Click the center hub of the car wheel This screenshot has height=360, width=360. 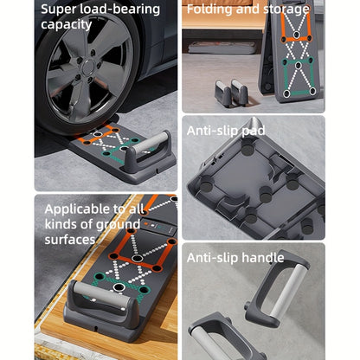tap(88, 68)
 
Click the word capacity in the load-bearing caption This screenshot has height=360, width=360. tap(66, 25)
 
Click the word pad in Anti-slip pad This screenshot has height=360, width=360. tap(254, 132)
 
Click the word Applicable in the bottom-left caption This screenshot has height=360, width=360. tap(77, 209)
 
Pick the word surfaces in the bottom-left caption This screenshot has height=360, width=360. tap(70, 240)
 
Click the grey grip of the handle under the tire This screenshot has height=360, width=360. tap(150, 142)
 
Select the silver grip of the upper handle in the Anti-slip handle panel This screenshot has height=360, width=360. tap(287, 292)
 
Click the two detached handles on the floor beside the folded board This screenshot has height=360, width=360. tap(231, 92)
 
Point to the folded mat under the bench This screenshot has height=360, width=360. tap(222, 48)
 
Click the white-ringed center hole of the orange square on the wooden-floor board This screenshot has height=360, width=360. tap(136, 258)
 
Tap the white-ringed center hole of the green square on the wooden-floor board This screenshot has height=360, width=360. tap(118, 287)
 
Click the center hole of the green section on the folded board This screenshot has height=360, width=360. tap(299, 65)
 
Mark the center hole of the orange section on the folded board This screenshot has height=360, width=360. tap(296, 35)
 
